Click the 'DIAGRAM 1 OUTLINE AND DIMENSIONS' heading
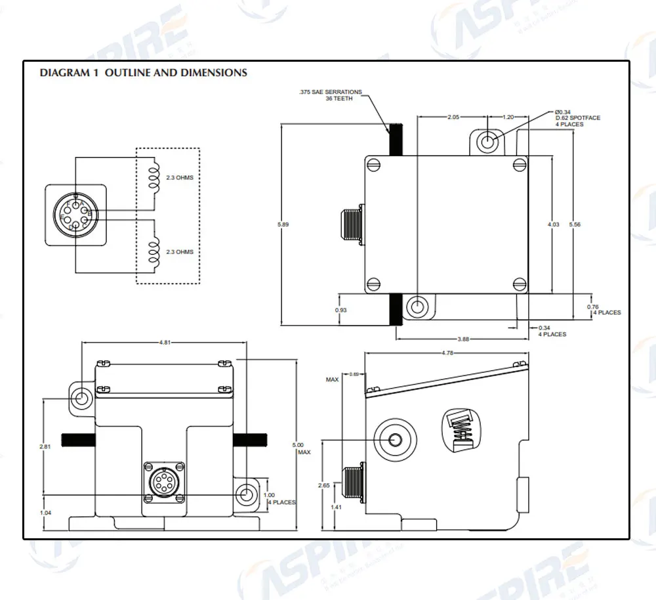(144, 73)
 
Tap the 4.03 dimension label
(553, 225)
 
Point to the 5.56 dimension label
(575, 225)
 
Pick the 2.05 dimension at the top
(453, 117)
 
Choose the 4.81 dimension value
(167, 342)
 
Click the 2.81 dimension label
(45, 446)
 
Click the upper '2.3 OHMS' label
(180, 178)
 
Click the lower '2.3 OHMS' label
(180, 252)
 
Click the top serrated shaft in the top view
(396, 139)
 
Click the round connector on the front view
(161, 482)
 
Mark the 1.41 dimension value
(335, 507)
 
